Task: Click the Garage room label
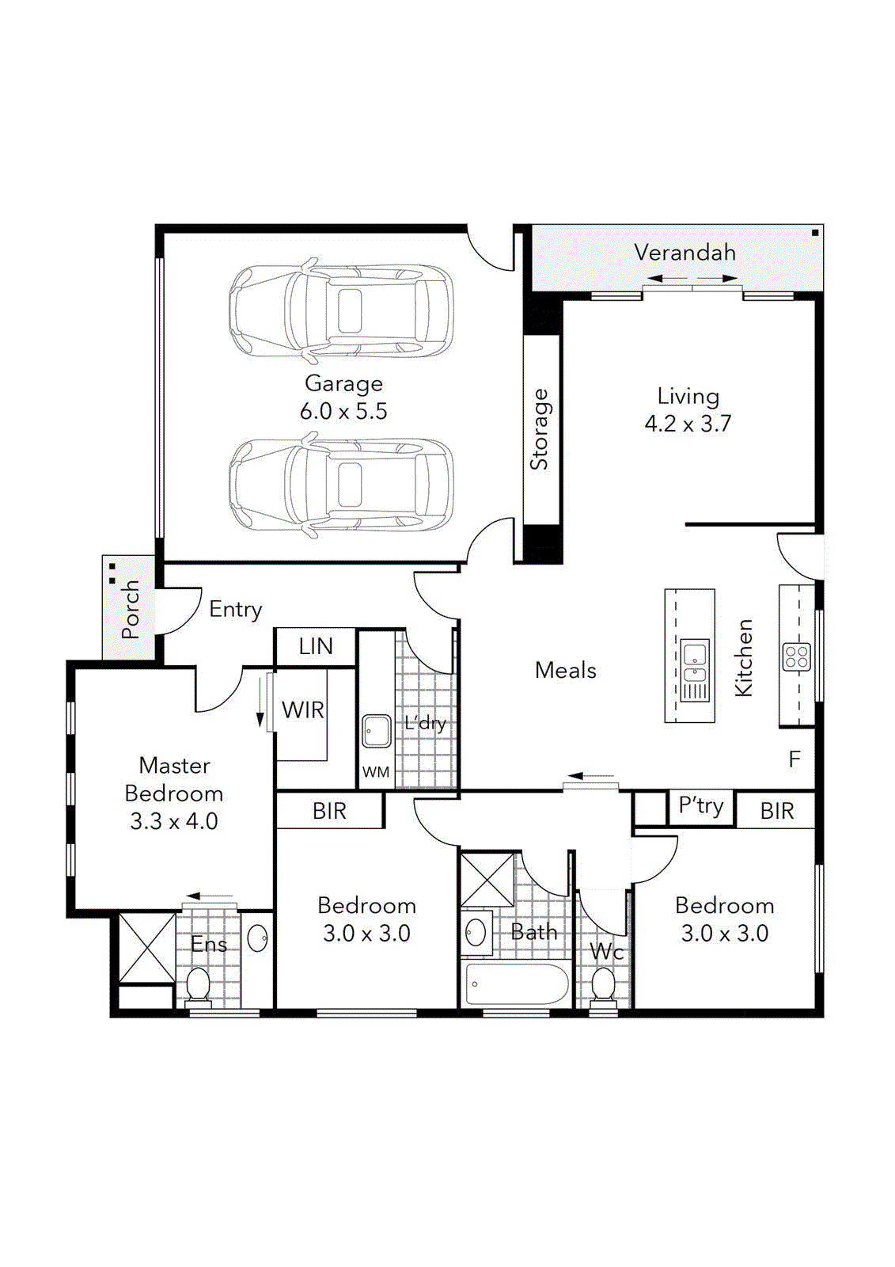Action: (x=343, y=383)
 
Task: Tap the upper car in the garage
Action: (x=341, y=310)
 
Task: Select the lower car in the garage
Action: (x=341, y=485)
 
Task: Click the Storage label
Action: (x=540, y=429)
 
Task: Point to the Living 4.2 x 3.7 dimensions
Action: (x=688, y=424)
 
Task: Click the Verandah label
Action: (x=685, y=253)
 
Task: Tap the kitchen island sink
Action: (x=695, y=664)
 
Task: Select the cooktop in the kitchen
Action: (x=796, y=656)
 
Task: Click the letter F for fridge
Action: (x=795, y=759)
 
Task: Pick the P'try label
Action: (x=701, y=806)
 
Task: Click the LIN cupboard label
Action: (x=315, y=646)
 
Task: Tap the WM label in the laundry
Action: (x=376, y=771)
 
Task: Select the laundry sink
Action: (x=377, y=731)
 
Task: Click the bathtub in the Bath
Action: (x=517, y=984)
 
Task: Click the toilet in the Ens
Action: (x=198, y=984)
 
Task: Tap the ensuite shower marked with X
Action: (x=147, y=948)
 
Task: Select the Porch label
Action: (x=131, y=609)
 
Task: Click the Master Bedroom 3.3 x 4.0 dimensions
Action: (x=174, y=821)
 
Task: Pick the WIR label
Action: (x=302, y=710)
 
